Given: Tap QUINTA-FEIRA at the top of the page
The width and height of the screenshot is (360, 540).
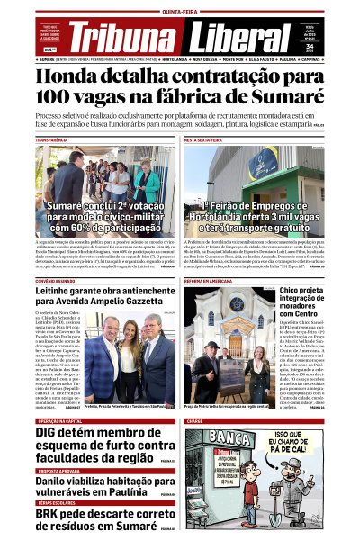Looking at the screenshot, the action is pyautogui.click(x=179, y=10).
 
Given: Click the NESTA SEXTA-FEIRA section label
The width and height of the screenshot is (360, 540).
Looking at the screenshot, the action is pyautogui.click(x=206, y=140).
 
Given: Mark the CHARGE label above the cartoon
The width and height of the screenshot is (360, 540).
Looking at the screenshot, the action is pyautogui.click(x=195, y=420).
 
